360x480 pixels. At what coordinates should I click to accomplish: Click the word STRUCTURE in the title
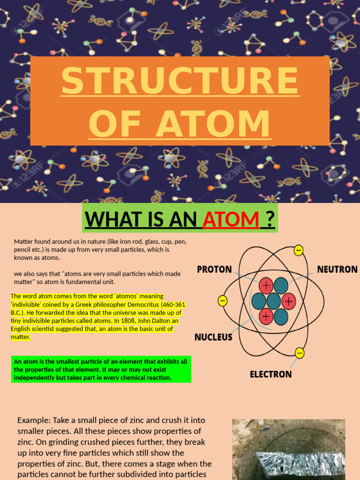tap(180, 81)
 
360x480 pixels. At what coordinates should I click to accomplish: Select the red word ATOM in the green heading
tap(231, 218)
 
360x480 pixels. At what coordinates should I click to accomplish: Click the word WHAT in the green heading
tap(112, 218)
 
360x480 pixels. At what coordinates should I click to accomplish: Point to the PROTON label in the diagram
tap(214, 270)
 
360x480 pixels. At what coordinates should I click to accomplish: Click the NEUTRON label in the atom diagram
tap(337, 270)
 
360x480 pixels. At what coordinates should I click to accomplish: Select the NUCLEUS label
tap(214, 337)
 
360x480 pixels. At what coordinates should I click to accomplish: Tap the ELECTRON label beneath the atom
tap(270, 374)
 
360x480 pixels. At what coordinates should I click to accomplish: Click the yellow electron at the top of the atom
tap(299, 251)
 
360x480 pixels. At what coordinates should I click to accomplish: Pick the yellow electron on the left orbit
tap(222, 300)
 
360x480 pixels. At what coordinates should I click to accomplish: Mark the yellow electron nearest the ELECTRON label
tap(300, 352)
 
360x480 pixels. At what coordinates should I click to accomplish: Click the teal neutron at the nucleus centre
tap(273, 301)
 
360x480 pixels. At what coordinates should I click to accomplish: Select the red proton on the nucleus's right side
tap(288, 301)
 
